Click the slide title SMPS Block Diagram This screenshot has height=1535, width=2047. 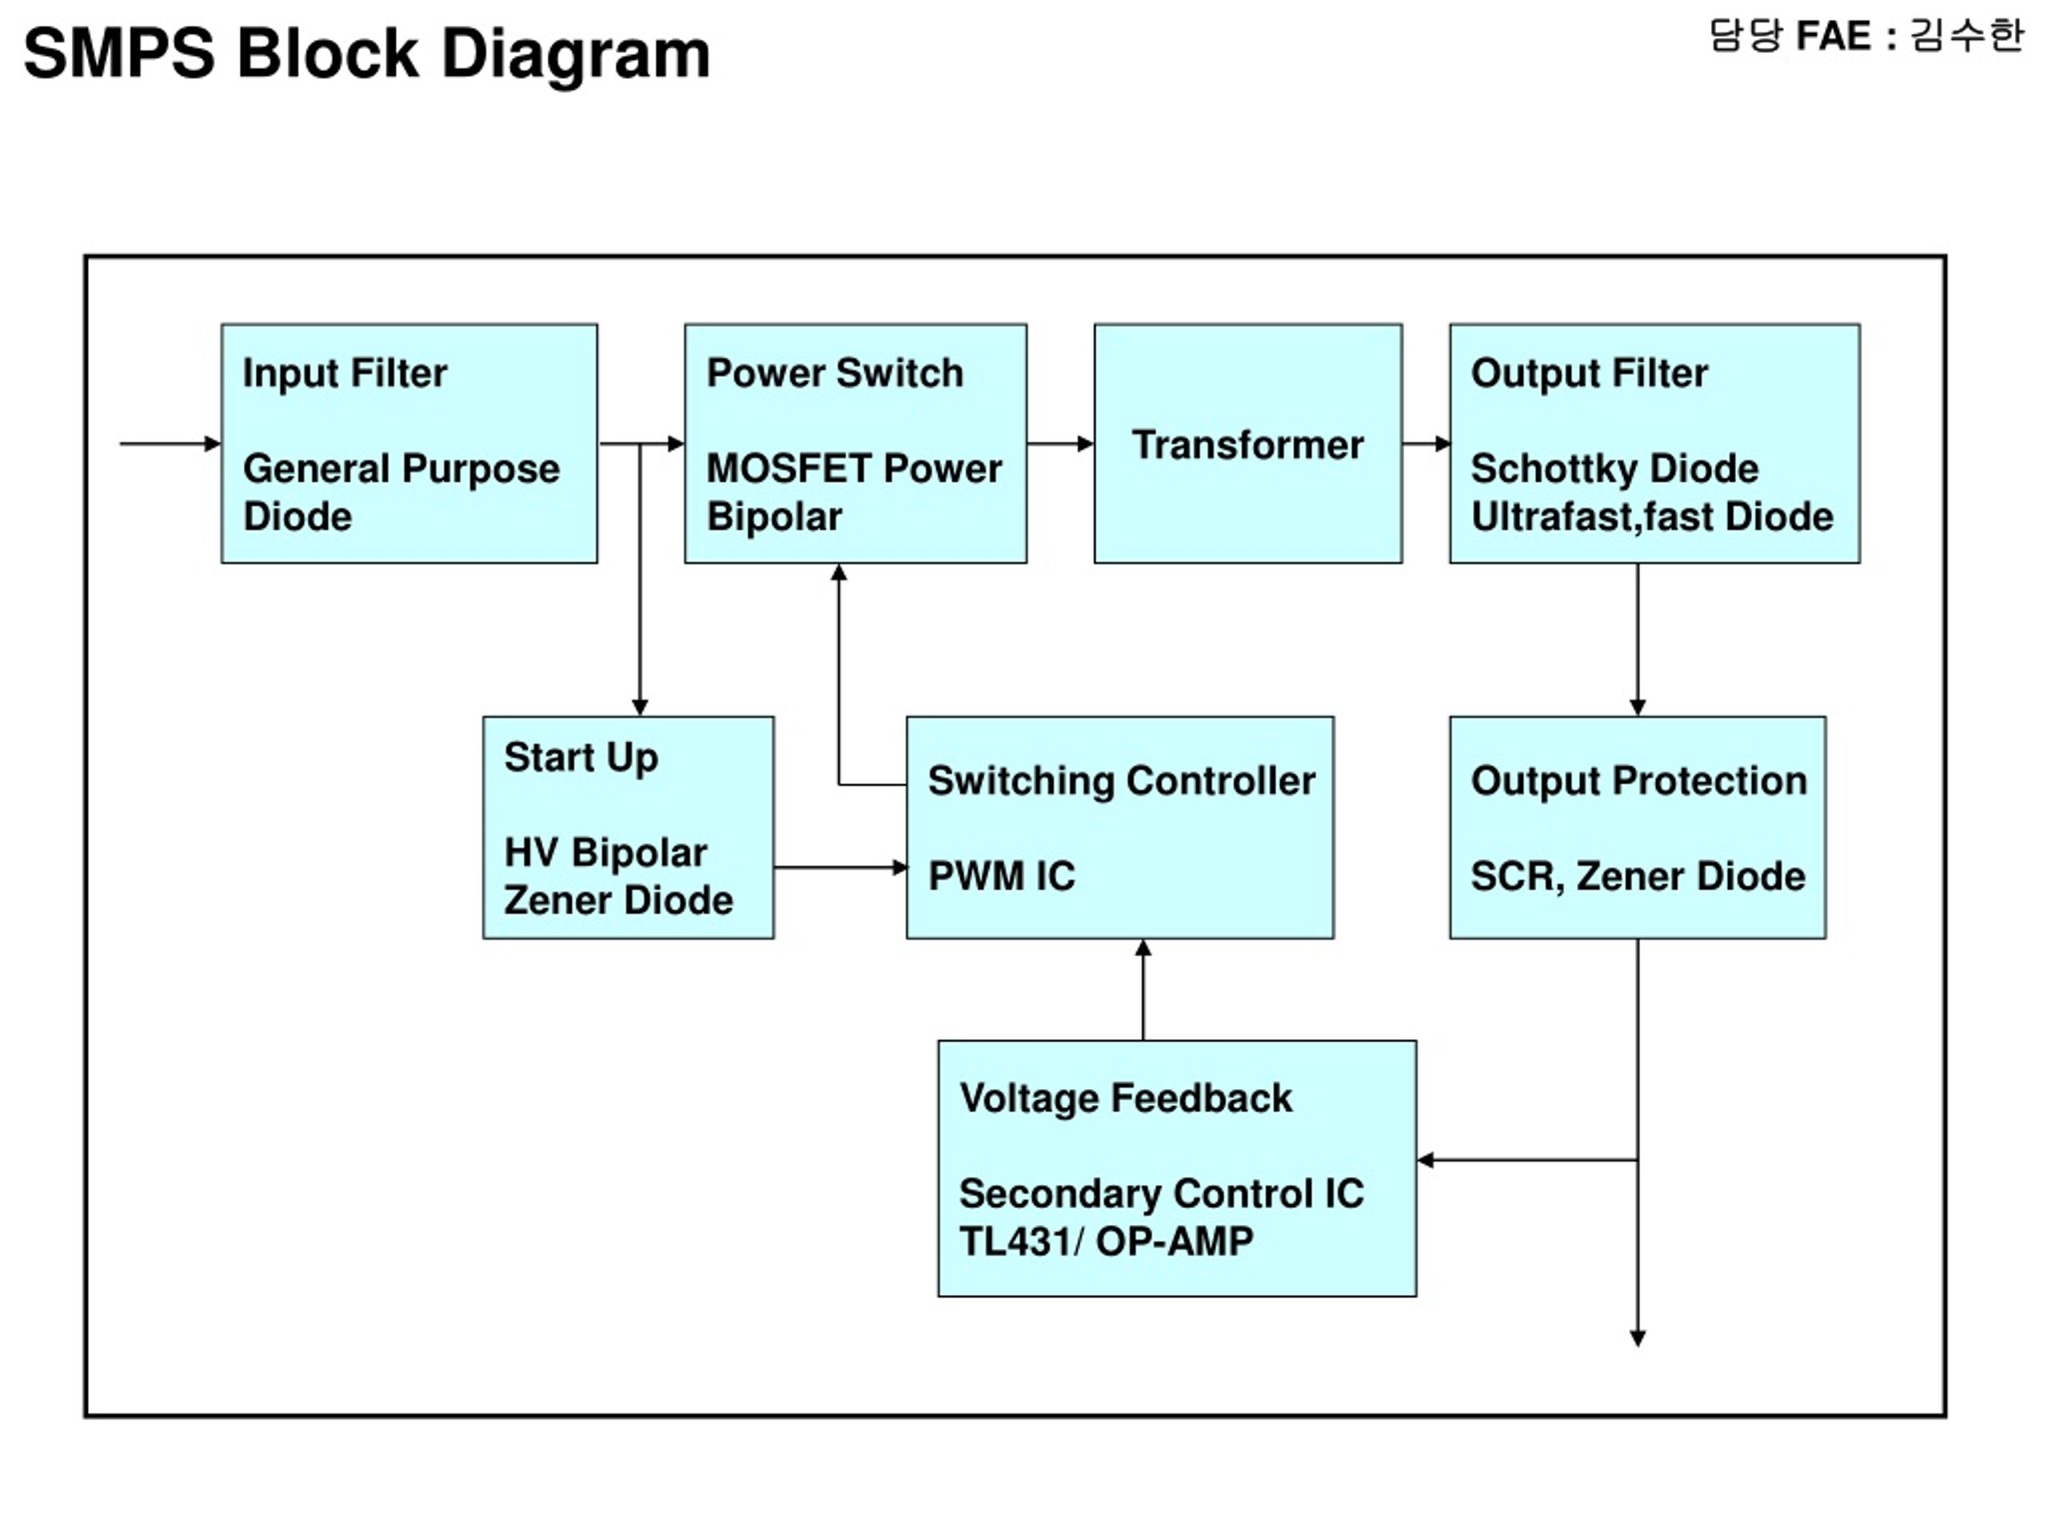coord(366,54)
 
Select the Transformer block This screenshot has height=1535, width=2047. coord(1247,443)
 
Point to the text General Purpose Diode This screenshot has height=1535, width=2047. coord(401,492)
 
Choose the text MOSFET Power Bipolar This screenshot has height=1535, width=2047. coord(854,492)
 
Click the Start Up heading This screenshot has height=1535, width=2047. coord(581,758)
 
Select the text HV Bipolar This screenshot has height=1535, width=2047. coord(606,853)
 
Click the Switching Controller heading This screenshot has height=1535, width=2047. coord(1122,781)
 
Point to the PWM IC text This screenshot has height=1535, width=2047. coord(1002,876)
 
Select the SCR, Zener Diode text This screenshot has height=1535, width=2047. coord(1638,876)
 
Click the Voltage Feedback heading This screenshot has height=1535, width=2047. coord(1125,1098)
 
